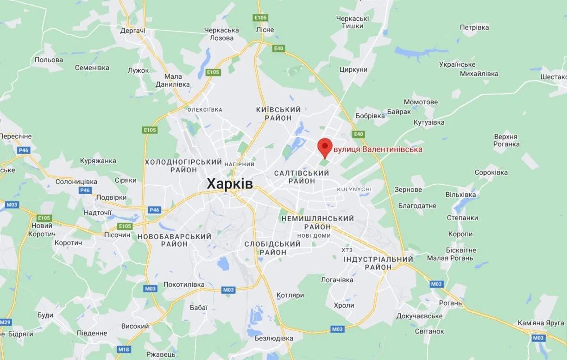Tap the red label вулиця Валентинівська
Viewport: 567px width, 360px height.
point(378,150)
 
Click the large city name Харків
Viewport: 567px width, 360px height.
point(230,184)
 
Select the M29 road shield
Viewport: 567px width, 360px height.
point(5,322)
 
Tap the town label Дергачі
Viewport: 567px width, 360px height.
point(132,31)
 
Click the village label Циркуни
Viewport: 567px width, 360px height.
point(353,70)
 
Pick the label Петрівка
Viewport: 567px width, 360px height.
point(474,27)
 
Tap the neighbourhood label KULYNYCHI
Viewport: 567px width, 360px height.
point(354,189)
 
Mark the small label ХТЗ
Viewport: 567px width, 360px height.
point(347,250)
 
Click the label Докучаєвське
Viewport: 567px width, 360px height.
point(419,316)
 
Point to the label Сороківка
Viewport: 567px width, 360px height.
point(491,172)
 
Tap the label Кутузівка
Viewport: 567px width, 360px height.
point(429,122)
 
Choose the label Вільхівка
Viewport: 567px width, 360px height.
point(461,195)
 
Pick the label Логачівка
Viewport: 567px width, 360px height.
point(337,280)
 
